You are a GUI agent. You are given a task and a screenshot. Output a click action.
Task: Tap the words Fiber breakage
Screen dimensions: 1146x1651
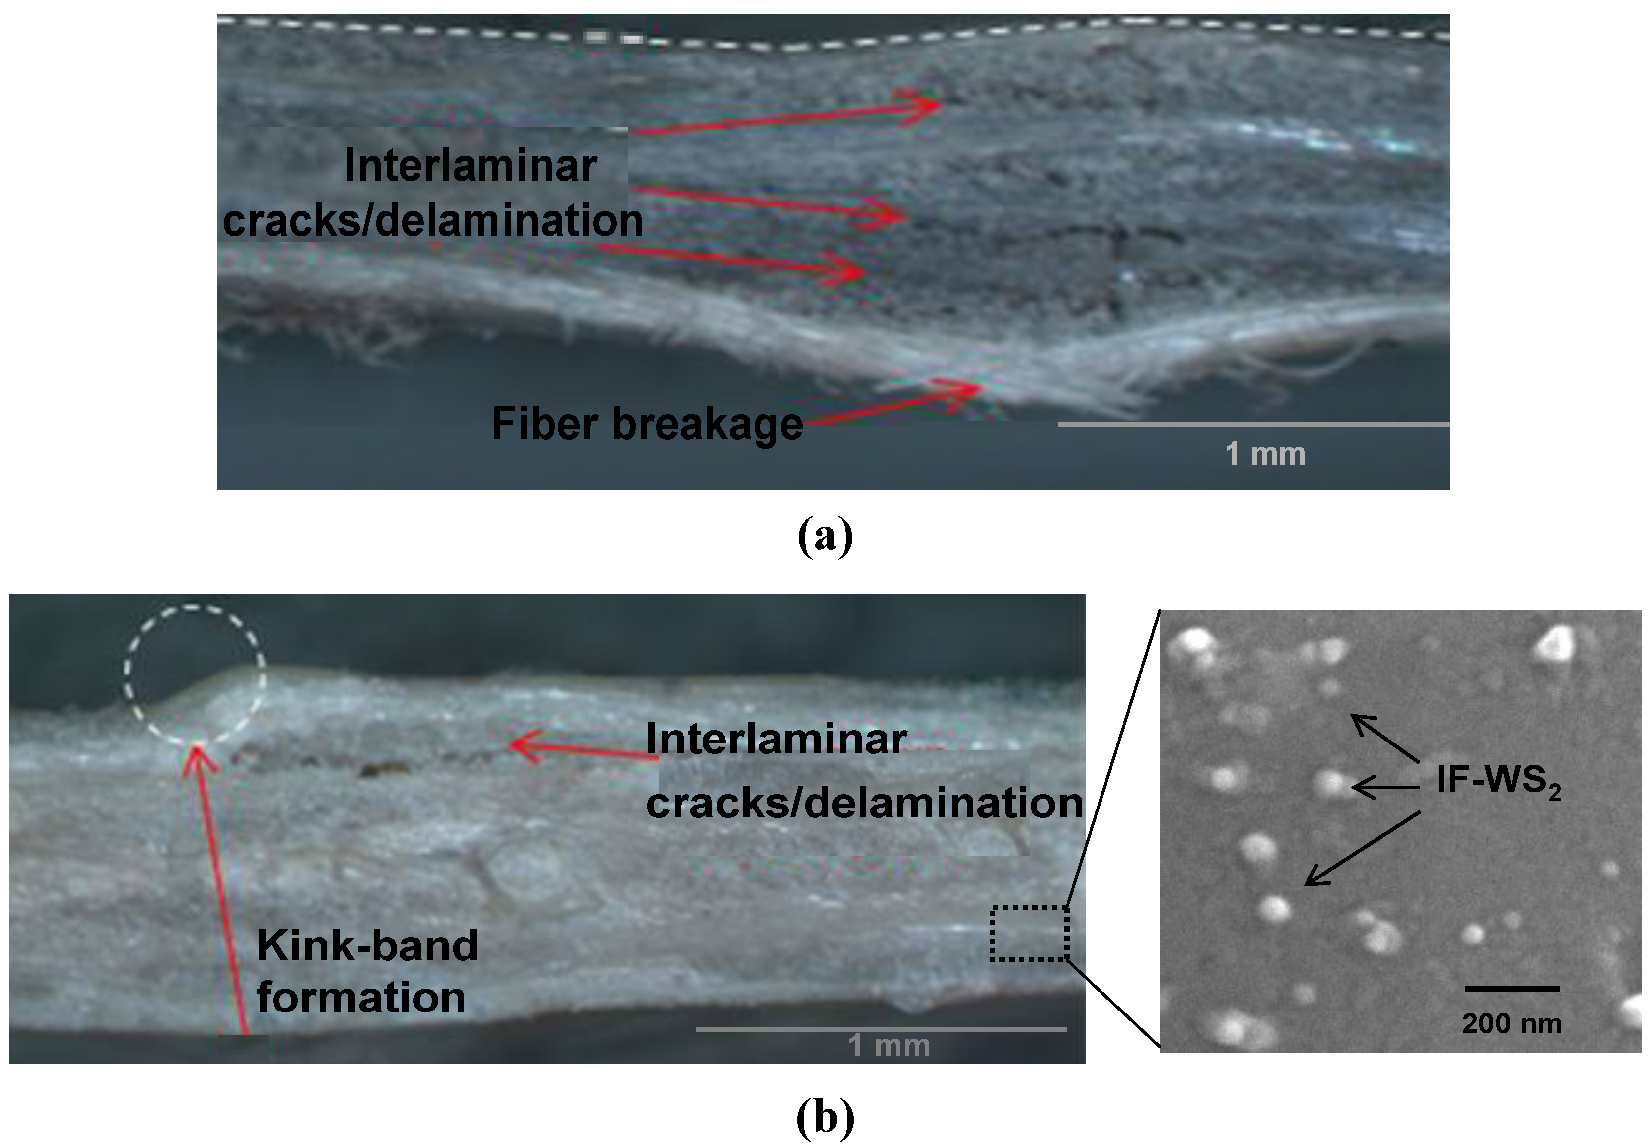[x=646, y=424]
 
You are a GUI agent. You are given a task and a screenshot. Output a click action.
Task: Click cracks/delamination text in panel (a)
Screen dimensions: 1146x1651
[x=433, y=220]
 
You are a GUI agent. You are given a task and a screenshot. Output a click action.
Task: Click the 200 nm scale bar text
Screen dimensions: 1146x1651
[x=1512, y=1023]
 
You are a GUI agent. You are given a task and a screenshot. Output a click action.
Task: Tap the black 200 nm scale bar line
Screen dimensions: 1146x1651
[x=1512, y=989]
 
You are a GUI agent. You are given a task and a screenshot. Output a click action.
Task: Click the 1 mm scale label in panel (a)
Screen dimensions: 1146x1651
[x=1265, y=454]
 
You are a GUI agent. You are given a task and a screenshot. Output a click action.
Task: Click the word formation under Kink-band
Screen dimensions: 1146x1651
[x=361, y=998]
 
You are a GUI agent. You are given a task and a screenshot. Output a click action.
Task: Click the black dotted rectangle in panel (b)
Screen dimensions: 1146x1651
[x=1029, y=934]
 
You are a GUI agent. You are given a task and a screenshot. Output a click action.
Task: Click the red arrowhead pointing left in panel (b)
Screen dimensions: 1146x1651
[x=519, y=744]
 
